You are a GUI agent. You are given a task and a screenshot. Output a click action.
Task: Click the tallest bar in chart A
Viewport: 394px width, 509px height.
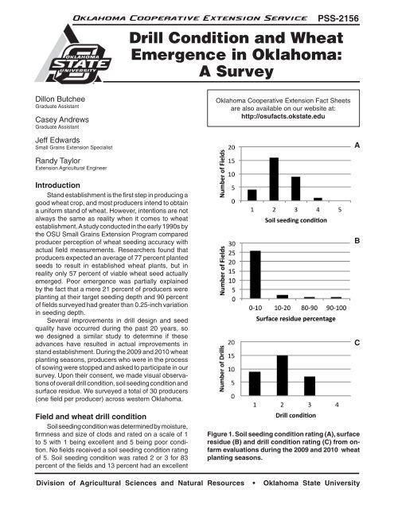point(273,179)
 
